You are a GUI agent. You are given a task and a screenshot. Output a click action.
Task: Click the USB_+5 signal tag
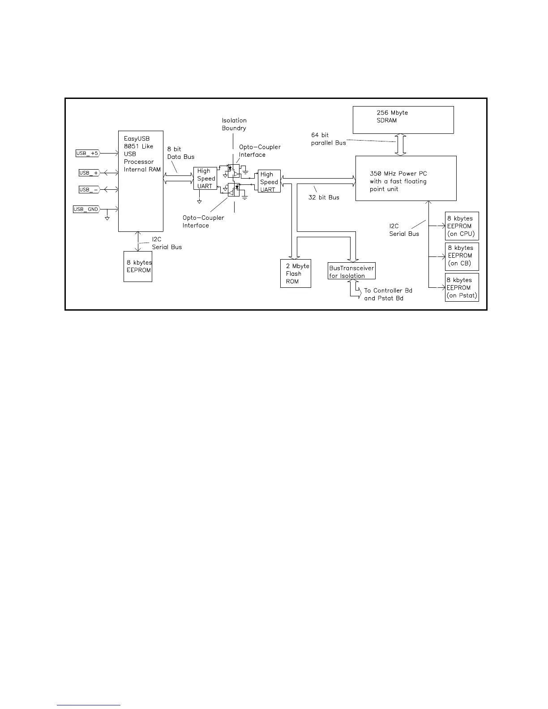87,154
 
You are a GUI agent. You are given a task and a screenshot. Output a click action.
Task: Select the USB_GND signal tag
86,209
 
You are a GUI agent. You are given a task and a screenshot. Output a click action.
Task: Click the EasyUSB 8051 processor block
141,181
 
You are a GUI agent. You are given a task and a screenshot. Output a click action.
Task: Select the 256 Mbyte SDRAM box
403,120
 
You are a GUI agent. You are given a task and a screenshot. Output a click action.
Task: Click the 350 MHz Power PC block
406,178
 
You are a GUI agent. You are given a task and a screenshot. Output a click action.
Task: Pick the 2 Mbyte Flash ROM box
295,273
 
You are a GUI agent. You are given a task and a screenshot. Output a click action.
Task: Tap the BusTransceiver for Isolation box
351,271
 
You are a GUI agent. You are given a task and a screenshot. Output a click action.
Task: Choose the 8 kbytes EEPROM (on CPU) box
462,226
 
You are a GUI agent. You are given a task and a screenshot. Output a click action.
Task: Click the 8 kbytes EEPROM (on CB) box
462,256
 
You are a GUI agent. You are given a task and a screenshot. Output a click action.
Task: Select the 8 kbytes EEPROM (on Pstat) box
462,287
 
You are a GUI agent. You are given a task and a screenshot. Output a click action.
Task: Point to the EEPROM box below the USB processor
138,266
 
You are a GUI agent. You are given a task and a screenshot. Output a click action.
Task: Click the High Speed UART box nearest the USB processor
205,178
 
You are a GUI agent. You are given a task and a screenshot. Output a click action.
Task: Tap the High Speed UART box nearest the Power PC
269,181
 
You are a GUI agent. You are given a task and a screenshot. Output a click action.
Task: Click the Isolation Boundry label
234,124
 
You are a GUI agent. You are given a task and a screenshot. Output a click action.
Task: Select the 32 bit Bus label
324,197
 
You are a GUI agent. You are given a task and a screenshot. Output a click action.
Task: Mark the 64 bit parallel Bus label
328,139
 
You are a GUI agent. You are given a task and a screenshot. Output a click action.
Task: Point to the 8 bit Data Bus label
181,153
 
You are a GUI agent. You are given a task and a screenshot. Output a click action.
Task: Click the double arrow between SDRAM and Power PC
401,145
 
